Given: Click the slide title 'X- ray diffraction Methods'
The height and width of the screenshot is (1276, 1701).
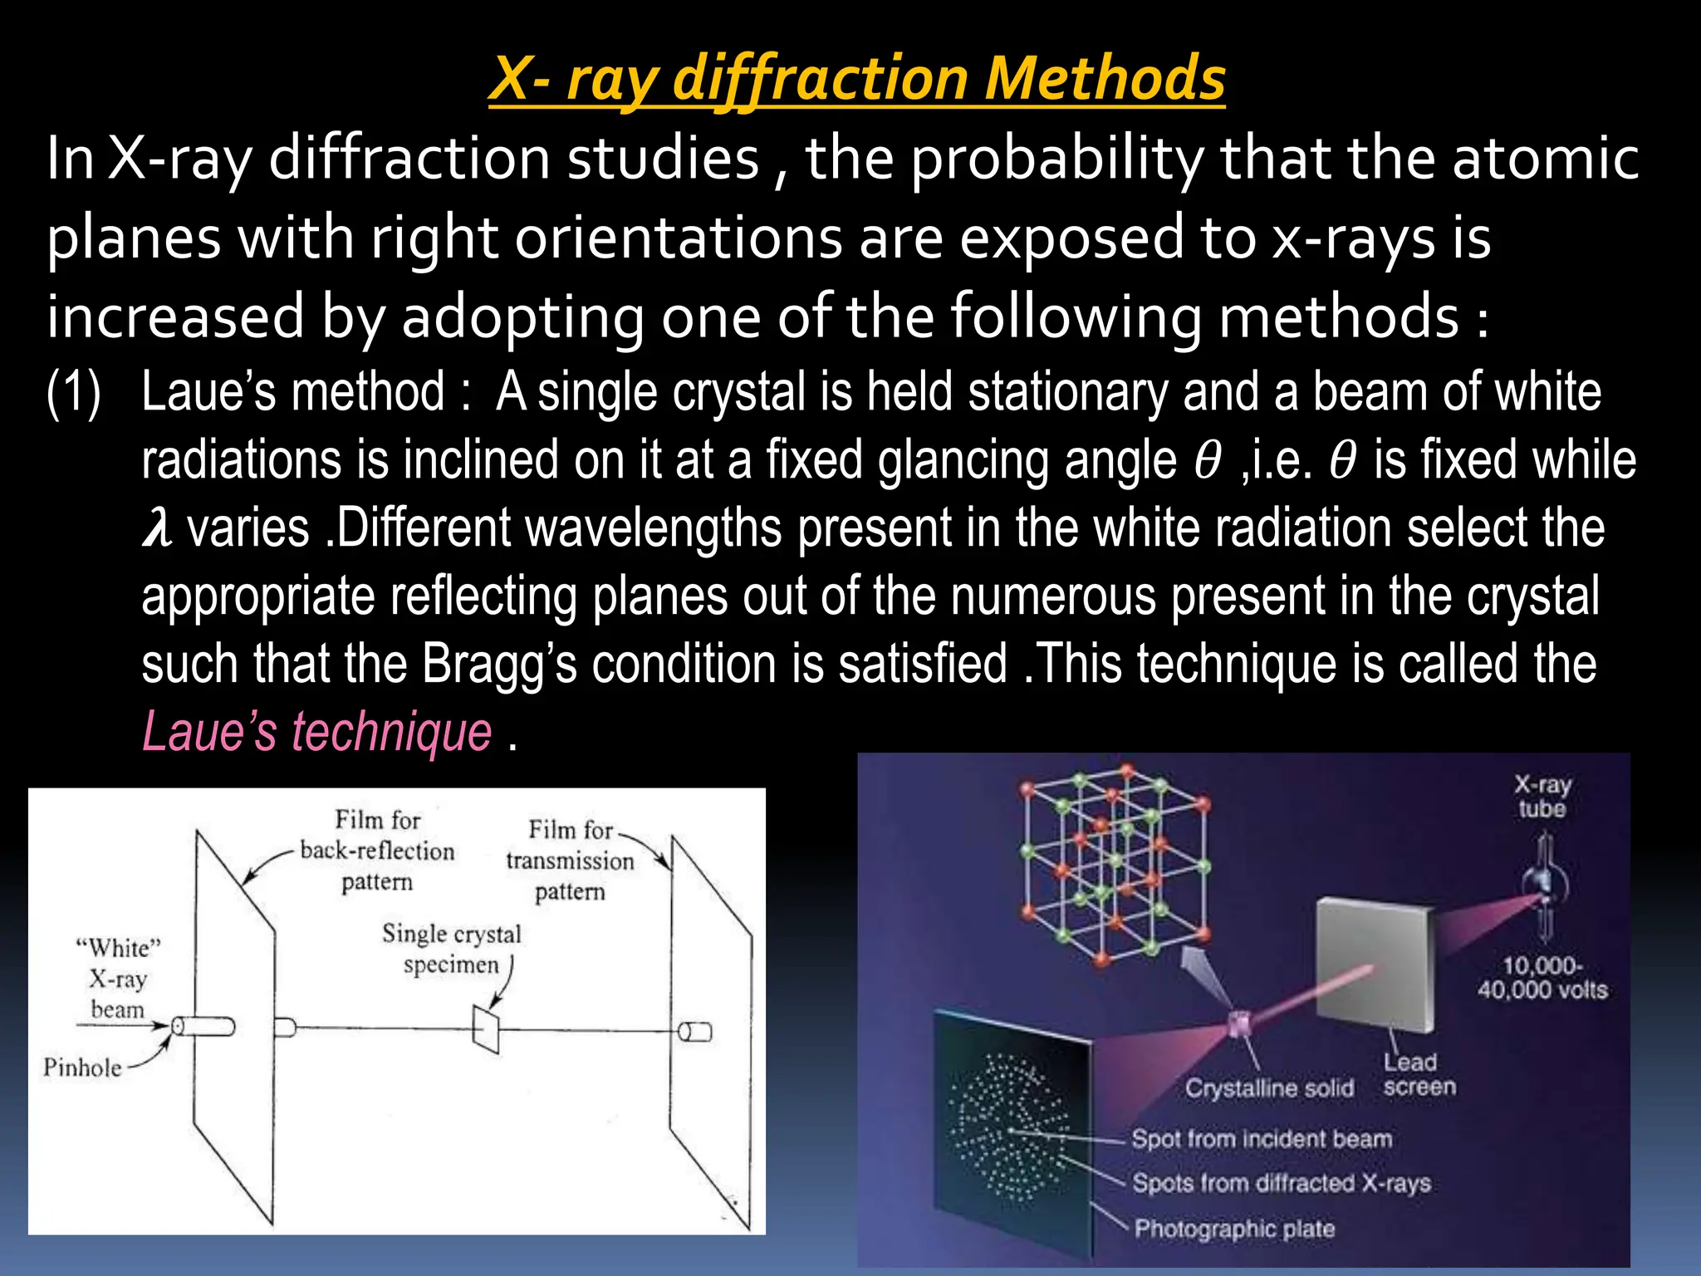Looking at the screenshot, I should (x=856, y=78).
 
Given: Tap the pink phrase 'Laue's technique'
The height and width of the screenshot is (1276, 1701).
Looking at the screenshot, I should (x=317, y=732).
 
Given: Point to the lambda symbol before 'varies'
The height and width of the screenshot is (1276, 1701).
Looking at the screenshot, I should (x=157, y=528).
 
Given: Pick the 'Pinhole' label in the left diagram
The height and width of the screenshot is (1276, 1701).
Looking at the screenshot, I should (x=82, y=1067).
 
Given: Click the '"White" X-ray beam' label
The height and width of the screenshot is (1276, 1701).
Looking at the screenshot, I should (x=118, y=979).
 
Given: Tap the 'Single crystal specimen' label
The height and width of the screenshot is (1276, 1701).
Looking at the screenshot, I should (x=451, y=949).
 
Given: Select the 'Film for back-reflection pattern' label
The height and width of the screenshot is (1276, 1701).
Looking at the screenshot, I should (x=377, y=851).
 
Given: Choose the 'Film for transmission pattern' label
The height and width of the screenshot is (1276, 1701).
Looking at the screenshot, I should (x=570, y=860).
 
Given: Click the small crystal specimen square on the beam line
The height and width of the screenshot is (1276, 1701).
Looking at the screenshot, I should (x=486, y=1029).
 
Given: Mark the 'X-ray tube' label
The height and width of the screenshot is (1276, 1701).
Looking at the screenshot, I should (x=1542, y=796).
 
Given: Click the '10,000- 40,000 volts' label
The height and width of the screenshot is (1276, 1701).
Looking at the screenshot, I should (x=1542, y=977).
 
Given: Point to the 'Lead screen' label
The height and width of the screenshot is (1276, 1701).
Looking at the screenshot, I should (x=1419, y=1074).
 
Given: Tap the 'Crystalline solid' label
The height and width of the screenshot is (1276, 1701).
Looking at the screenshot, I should (x=1269, y=1088).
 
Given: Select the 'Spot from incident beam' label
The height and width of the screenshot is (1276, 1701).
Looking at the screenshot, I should (x=1261, y=1138).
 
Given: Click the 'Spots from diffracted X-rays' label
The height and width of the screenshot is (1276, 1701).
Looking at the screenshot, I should (x=1281, y=1182).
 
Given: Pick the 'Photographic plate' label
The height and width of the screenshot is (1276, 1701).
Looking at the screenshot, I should (x=1234, y=1228).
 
